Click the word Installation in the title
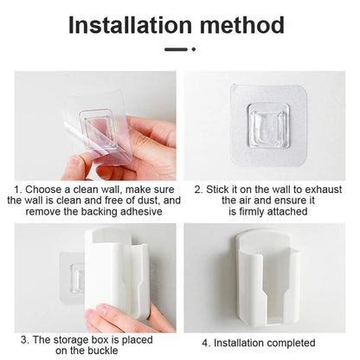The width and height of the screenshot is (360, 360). [130, 25]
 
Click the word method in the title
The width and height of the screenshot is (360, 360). [242, 25]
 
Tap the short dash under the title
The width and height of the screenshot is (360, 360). [176, 49]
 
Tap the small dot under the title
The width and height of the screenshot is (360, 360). [194, 49]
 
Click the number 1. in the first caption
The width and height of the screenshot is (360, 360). [18, 190]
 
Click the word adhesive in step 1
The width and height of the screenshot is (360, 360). [141, 211]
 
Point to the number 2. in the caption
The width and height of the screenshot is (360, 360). [199, 190]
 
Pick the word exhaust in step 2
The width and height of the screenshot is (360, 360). [324, 190]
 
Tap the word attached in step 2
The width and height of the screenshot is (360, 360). [287, 211]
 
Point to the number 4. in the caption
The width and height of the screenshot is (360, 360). [207, 343]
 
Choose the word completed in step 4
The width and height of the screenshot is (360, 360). [291, 343]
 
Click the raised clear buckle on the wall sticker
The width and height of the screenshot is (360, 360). [268, 126]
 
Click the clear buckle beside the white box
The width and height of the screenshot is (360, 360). [77, 278]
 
